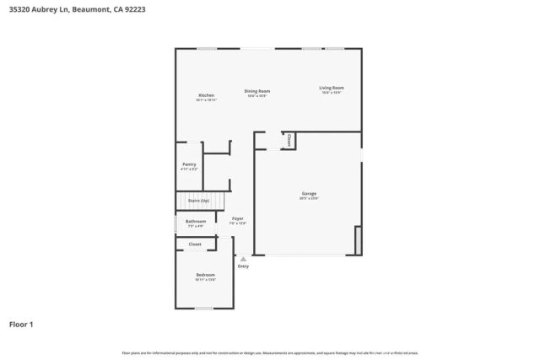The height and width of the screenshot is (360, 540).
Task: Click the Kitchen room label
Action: coord(206,95)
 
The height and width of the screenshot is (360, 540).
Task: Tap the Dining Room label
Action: coord(256,91)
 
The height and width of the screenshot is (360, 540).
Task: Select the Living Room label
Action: coord(331,88)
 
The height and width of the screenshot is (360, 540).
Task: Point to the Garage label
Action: coord(309,194)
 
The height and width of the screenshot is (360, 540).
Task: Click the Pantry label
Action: coord(189,164)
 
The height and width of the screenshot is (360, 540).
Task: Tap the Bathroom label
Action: coord(195,222)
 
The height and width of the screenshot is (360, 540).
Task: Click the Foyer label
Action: coord(237,218)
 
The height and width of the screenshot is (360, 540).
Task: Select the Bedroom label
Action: coord(205,275)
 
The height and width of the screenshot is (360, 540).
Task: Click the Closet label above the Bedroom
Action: coord(195,244)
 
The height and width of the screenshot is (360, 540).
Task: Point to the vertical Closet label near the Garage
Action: coord(289,140)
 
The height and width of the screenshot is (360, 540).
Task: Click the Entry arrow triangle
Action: coord(243,259)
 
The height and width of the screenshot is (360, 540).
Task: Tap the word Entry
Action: coord(243,266)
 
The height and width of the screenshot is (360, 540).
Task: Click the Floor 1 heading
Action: coord(21,324)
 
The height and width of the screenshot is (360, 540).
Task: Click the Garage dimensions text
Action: coord(309,199)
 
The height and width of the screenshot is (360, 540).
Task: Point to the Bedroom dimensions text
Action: coord(205,280)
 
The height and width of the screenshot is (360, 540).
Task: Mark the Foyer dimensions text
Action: coord(237,223)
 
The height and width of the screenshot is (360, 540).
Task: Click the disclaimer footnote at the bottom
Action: coord(269,352)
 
